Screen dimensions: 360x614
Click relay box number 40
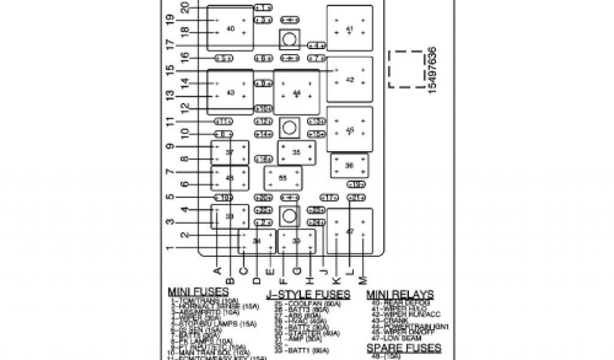[230, 28]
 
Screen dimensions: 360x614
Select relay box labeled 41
[350, 29]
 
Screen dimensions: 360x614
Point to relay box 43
[230, 92]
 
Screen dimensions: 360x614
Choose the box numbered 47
[350, 231]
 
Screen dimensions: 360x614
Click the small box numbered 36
[350, 166]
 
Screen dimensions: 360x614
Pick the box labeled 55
[283, 178]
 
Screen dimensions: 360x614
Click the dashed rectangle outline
[406, 69]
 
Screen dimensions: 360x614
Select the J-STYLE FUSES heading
[308, 294]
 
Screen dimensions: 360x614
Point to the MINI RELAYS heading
[400, 294]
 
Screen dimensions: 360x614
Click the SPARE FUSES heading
[404, 348]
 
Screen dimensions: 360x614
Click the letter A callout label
[216, 271]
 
